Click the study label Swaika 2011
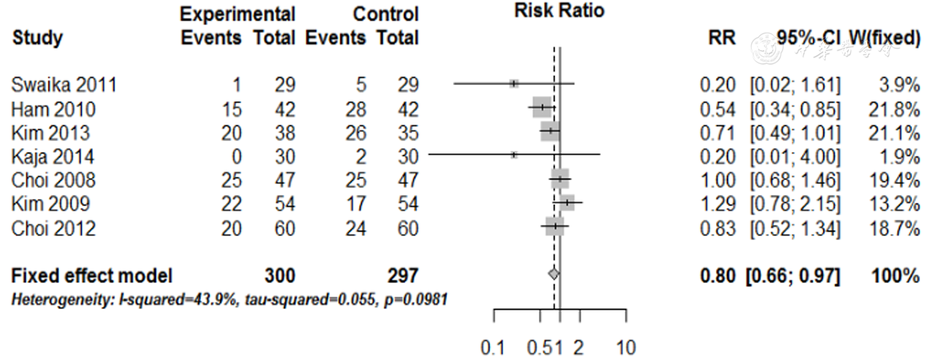pos(64,84)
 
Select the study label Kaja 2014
pos(52,156)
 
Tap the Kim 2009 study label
pos(50,204)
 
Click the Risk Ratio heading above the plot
pos(559,11)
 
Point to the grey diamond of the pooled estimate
pos(553,273)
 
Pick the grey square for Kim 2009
pos(567,203)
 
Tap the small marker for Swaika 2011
pos(514,83)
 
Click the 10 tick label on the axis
pos(626,347)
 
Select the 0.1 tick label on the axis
pos(492,347)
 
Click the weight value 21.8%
pos(894,109)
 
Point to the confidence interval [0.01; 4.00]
pos(795,156)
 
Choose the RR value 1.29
pos(717,204)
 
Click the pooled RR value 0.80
pos(717,276)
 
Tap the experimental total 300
pos(280,276)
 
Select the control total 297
pos(403,276)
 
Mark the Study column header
pos(37,38)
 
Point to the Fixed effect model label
pos(92,276)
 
